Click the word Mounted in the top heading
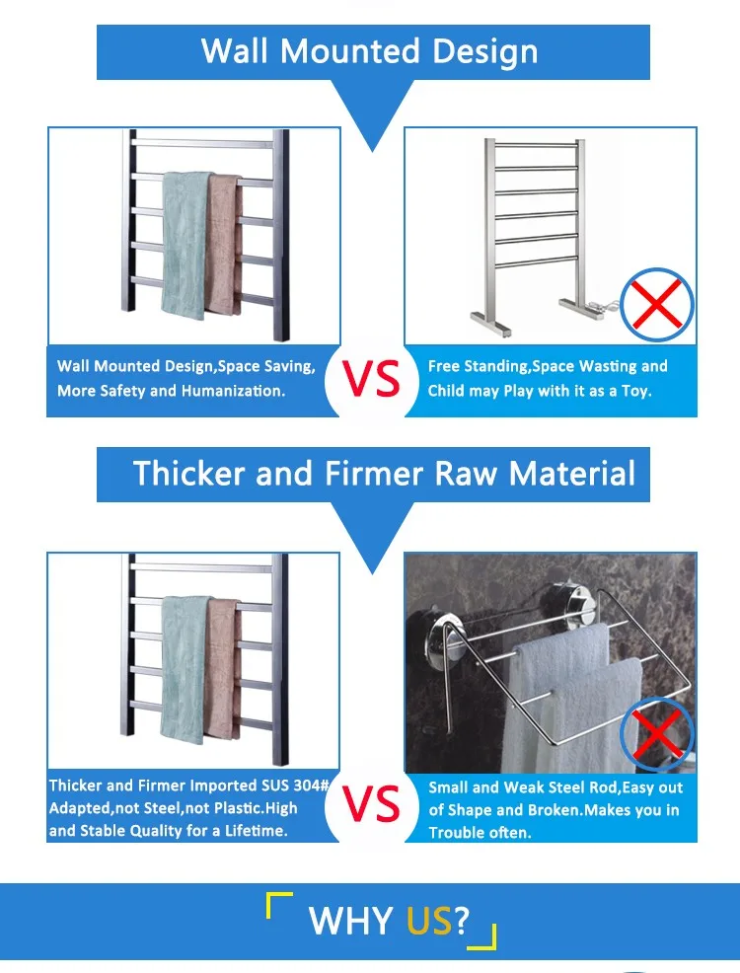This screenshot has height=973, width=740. [350, 51]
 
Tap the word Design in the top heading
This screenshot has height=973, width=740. [485, 52]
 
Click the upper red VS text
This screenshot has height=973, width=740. [372, 379]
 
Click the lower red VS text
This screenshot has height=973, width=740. [372, 803]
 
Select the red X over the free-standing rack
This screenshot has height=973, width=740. [657, 304]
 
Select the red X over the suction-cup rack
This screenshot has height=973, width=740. [657, 732]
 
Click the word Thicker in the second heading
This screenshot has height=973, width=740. [189, 474]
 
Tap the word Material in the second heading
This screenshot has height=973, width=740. [572, 474]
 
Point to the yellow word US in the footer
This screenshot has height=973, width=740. [429, 921]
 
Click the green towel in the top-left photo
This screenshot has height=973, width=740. [185, 245]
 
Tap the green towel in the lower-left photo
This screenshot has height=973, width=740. [185, 670]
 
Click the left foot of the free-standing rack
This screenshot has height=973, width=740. [490, 324]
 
